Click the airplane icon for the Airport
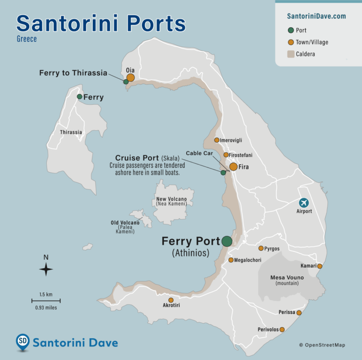[304, 203]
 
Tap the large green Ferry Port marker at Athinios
[227, 241]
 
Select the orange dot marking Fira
[233, 167]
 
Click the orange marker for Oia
[131, 77]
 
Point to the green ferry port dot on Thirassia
[80, 97]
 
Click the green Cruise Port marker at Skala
[223, 172]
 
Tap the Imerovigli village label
[234, 140]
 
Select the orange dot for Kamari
[320, 266]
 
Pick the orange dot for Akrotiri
[171, 300]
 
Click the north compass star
[46, 270]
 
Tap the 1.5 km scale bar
[46, 301]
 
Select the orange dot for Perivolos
[282, 329]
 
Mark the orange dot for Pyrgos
[261, 248]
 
